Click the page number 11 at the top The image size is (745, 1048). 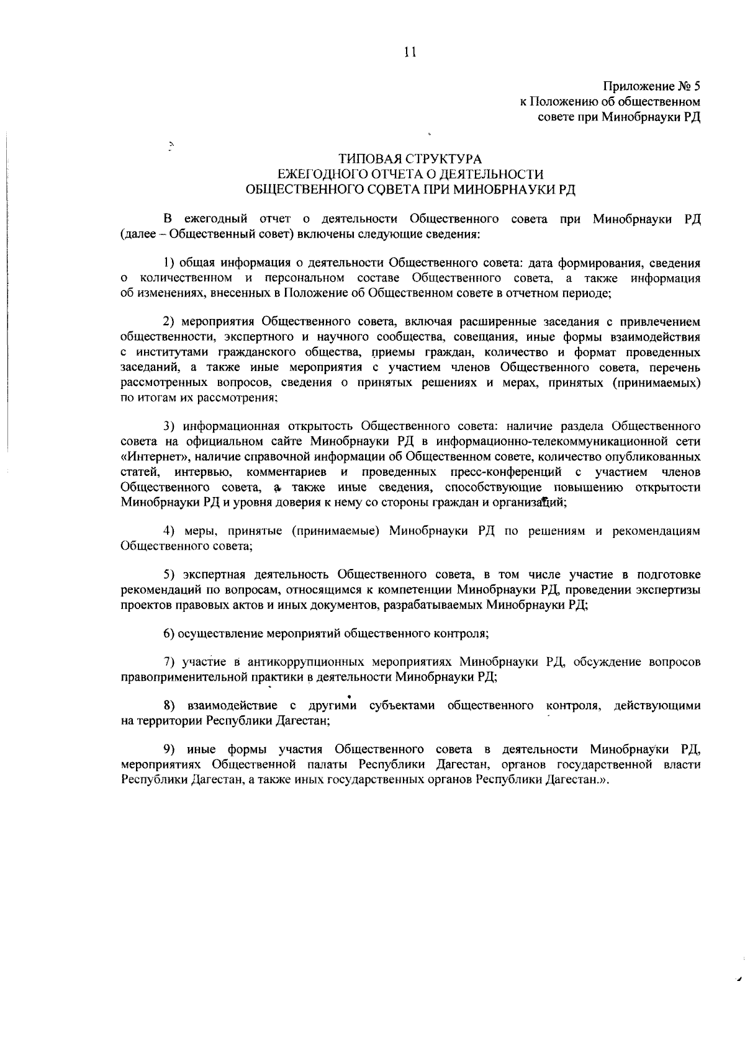point(409,53)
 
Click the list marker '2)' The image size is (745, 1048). point(169,322)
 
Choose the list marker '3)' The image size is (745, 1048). point(169,426)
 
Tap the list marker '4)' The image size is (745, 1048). point(169,531)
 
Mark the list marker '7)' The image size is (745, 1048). point(169,662)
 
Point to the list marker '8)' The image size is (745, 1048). point(169,706)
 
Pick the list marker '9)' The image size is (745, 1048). point(169,750)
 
